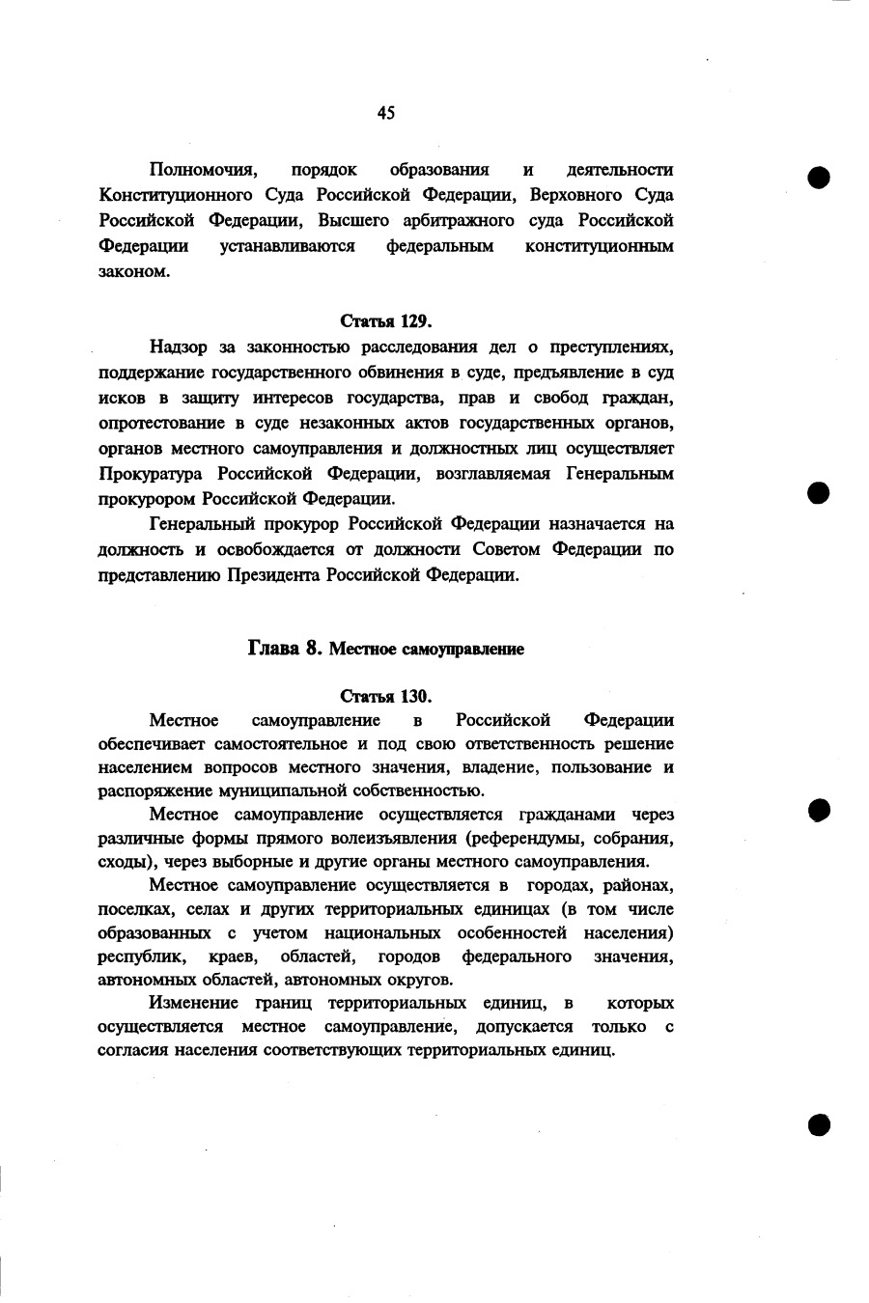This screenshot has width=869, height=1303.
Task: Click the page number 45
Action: [x=386, y=113]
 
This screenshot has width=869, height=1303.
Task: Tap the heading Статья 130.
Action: [x=385, y=696]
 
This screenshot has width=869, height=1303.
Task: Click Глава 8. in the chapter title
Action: [x=285, y=649]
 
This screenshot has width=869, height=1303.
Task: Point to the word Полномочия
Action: [x=201, y=170]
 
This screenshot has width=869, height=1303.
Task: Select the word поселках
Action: [x=133, y=909]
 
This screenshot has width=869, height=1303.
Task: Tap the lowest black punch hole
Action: [x=820, y=1123]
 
